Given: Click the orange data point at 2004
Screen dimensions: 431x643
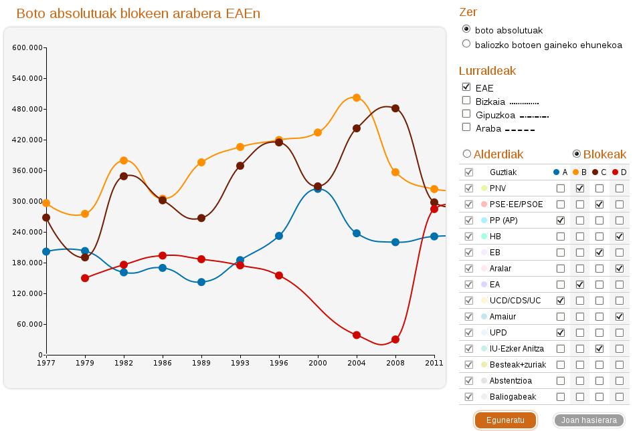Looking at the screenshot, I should [357, 98].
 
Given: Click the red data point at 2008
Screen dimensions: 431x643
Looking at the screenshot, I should [395, 339].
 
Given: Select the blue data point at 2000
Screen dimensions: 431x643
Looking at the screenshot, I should [318, 189].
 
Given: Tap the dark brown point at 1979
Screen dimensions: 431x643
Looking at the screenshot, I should [85, 257].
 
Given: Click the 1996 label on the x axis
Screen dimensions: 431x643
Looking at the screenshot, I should [279, 363].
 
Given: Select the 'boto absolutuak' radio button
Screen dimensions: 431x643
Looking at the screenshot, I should [466, 29].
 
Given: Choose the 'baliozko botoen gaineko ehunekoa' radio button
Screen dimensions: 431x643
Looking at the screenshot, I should [466, 44].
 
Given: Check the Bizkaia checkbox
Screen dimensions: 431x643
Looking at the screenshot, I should [466, 101].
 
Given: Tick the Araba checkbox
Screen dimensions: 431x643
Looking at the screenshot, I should [466, 127].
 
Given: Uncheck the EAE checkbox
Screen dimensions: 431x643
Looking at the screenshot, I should [466, 87].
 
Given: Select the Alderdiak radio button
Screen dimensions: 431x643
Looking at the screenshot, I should [467, 154].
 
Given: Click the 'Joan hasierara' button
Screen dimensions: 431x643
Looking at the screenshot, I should [589, 420].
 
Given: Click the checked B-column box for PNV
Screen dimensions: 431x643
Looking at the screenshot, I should [580, 188].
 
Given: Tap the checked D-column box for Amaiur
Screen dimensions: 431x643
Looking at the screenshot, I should [620, 317].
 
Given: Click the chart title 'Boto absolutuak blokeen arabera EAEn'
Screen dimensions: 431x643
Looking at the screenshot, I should [138, 13].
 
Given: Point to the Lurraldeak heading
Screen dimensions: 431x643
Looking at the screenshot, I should [487, 71].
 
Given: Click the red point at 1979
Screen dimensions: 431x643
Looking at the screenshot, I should [85, 278].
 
